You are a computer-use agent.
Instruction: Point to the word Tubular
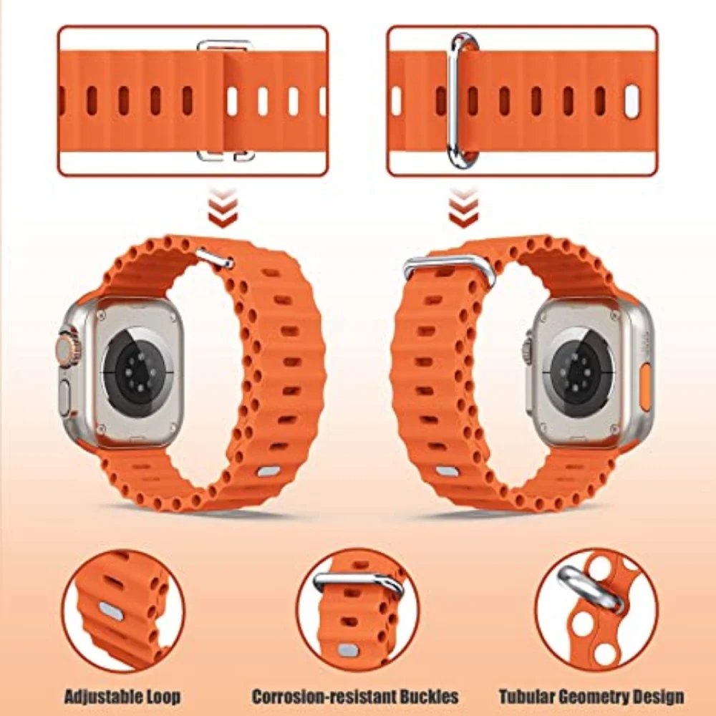tap(527, 696)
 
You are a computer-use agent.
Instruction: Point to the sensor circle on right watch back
tap(577, 372)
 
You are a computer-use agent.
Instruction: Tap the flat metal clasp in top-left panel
tap(226, 100)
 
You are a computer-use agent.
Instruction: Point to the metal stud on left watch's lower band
tap(269, 472)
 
